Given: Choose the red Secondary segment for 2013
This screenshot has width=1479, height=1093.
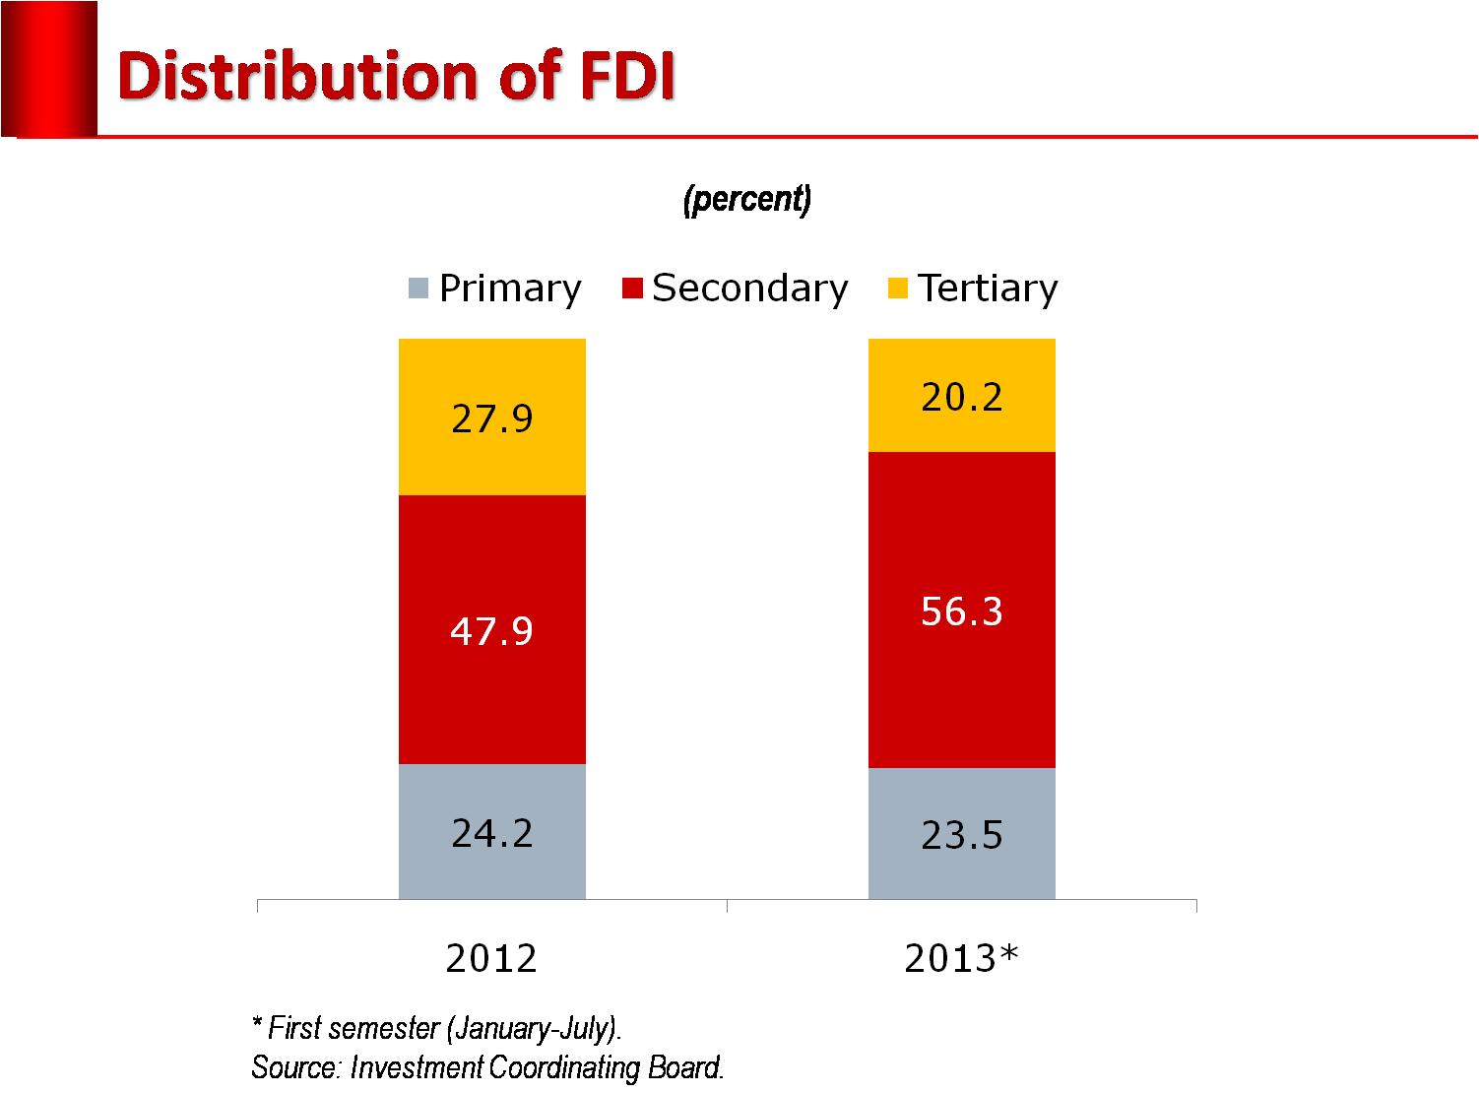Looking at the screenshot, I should pos(962,689).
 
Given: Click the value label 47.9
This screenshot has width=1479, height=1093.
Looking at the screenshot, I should pos(491,631).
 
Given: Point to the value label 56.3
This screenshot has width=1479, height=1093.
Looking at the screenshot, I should pos(962,611).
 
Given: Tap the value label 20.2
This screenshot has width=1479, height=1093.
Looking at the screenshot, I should pos(962,397).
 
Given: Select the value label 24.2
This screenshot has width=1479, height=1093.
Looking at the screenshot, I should pos(492,834).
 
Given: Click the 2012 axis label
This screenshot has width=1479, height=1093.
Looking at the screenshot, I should pos(491,958).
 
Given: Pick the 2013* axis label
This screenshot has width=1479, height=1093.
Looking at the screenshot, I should pos(961,958).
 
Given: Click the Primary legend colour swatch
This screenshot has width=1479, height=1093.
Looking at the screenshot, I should pos(418,289).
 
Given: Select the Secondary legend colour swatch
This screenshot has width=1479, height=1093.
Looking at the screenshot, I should pos(632,289).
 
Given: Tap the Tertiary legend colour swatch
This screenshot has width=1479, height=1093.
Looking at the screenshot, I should pos(897,289).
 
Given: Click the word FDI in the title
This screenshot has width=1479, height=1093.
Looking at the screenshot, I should pos(628,77).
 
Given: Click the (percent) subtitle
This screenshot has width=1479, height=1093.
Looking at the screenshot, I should pos(747,199).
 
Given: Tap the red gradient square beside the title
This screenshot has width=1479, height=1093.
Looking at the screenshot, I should pos(49,69).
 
